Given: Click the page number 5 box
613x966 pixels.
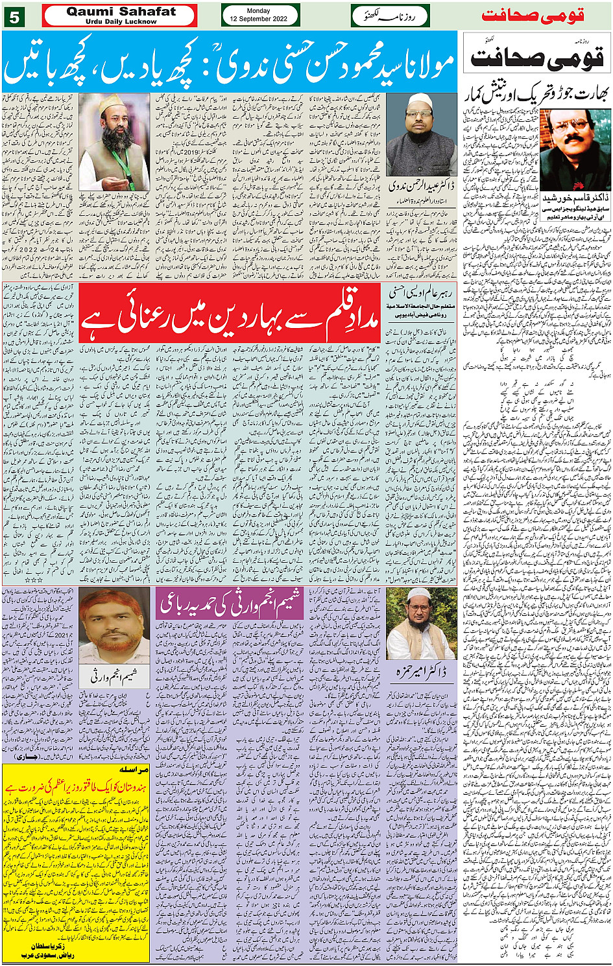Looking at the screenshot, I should (x=14, y=17).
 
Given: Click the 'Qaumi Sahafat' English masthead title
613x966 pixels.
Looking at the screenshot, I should (x=121, y=12).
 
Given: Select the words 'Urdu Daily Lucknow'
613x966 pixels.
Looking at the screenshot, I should (x=121, y=21).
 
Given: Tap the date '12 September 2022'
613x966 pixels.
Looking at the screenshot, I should (x=258, y=19).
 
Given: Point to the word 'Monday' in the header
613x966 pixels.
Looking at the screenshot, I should (x=258, y=11).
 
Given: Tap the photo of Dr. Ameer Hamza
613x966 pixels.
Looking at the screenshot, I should (x=420, y=624).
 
